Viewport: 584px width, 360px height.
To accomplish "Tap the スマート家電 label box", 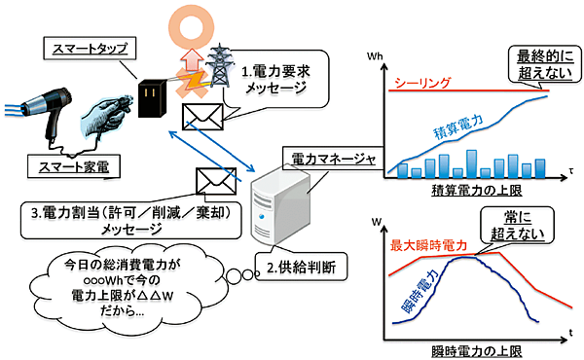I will [x=67, y=168].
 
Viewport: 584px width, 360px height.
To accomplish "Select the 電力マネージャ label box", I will [x=323, y=156].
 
